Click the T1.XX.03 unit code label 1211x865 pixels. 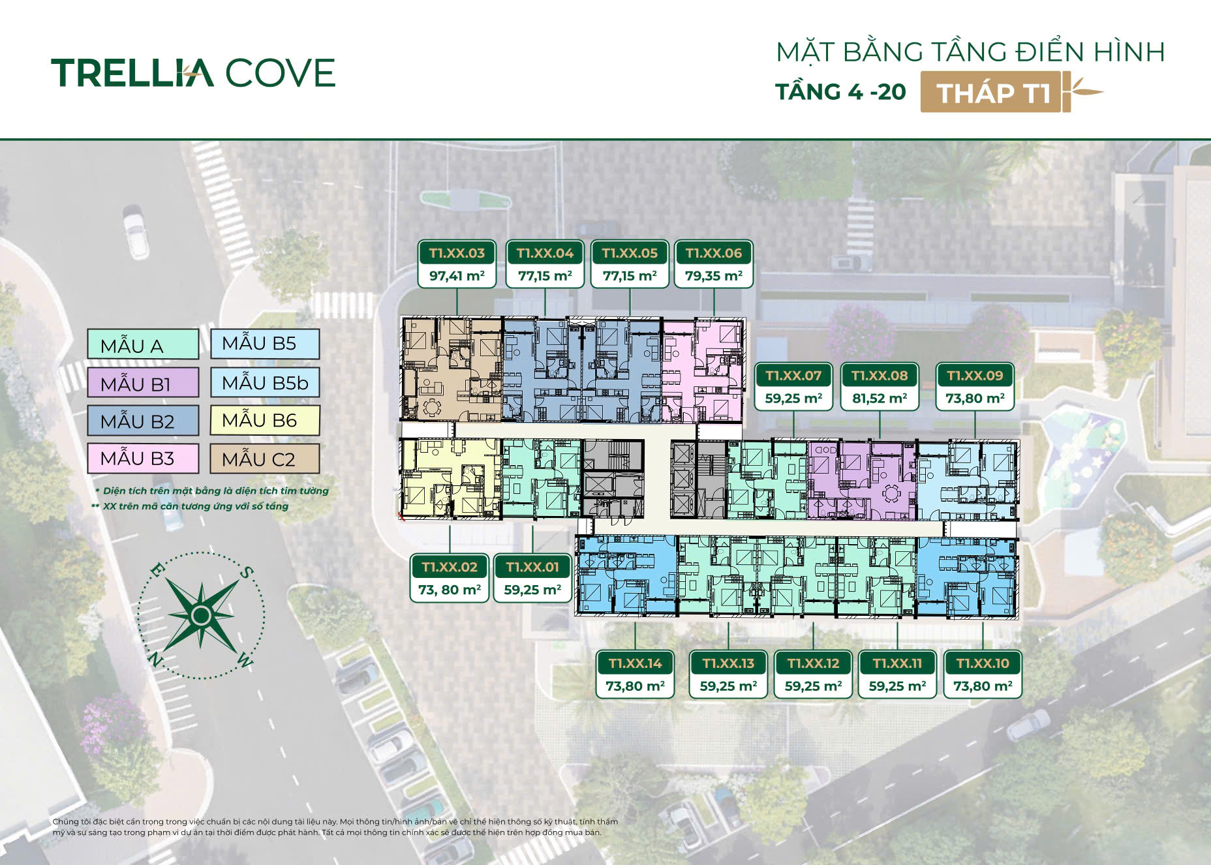[x=457, y=253]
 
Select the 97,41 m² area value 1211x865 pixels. [x=457, y=276]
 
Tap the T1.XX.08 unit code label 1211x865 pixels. [x=880, y=376]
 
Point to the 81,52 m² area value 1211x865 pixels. [x=880, y=399]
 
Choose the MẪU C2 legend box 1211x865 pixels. [x=264, y=459]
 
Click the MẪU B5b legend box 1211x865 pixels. [x=264, y=382]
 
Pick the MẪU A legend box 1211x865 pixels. [x=143, y=344]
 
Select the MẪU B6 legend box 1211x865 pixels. [x=264, y=420]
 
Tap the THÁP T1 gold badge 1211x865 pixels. [x=995, y=92]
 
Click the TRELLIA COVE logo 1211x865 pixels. [x=193, y=72]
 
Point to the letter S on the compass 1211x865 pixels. [x=245, y=573]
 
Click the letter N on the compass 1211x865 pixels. [x=155, y=660]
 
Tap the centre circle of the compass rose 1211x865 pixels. [x=201, y=615]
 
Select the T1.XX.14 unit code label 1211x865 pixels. [x=635, y=663]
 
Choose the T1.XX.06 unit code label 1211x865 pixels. [x=714, y=253]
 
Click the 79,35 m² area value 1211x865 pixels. [x=714, y=276]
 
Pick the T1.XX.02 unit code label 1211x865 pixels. [x=450, y=567]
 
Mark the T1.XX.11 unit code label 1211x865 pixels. [x=897, y=663]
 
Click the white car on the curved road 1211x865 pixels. [x=136, y=232]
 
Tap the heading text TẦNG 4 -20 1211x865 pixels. [x=841, y=92]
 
